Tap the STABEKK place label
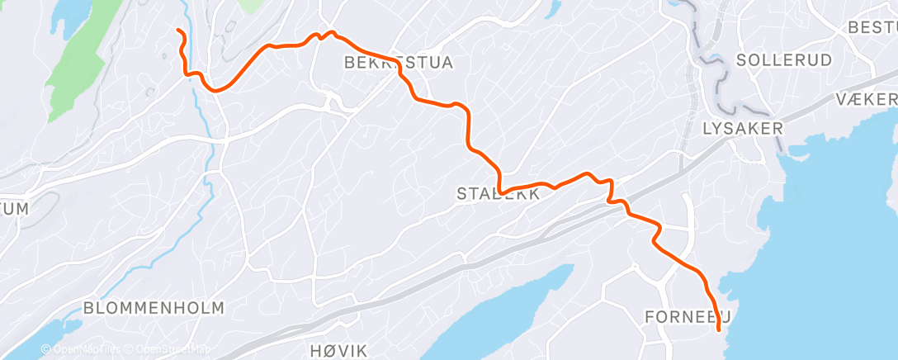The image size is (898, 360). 499,195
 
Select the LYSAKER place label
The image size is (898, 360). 742,128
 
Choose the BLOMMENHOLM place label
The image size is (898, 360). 154,308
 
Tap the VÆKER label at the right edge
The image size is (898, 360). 865,99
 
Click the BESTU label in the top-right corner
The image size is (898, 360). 872,27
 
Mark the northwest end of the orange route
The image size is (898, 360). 178,31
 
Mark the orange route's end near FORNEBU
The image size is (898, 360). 719,329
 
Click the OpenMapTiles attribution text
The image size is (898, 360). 86,348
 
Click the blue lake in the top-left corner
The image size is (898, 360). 70,12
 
